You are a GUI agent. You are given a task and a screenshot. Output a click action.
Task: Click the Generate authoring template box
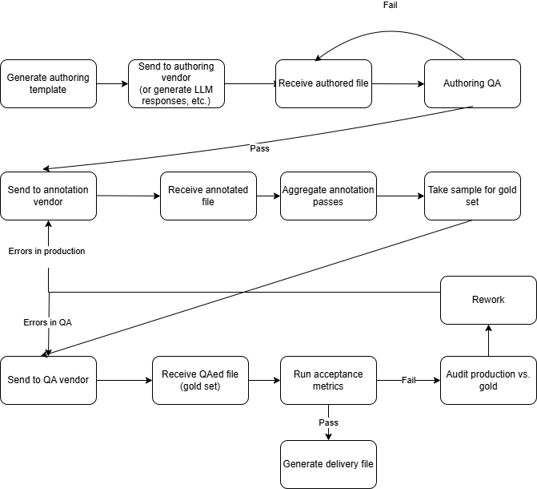(48, 83)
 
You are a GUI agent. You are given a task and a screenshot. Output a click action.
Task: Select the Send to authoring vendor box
(176, 83)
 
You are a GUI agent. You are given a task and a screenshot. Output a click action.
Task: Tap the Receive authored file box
(323, 83)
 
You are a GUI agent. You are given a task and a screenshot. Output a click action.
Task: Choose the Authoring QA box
(472, 83)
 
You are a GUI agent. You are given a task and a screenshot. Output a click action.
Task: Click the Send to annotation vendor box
(48, 196)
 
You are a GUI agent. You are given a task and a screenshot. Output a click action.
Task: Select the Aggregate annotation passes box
(328, 196)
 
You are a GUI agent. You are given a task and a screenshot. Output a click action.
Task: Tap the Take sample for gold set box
(472, 196)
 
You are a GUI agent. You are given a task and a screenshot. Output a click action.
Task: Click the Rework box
(488, 300)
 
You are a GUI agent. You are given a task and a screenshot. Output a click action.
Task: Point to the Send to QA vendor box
(48, 380)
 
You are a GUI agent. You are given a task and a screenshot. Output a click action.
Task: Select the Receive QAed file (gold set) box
(200, 380)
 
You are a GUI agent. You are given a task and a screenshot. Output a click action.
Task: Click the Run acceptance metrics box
(328, 380)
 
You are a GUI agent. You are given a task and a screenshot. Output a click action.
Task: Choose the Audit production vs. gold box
(488, 380)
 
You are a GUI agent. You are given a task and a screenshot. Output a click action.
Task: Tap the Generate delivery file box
(328, 464)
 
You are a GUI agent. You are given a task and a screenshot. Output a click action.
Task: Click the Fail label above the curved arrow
(390, 6)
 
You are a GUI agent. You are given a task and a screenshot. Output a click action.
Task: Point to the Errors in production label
(46, 251)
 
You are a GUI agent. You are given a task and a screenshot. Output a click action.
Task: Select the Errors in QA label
(48, 321)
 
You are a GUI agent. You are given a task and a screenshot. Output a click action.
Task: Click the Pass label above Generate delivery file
(328, 422)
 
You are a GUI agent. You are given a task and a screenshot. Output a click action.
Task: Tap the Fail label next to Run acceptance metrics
(409, 380)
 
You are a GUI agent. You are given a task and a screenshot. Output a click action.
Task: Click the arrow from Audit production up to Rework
(488, 341)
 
